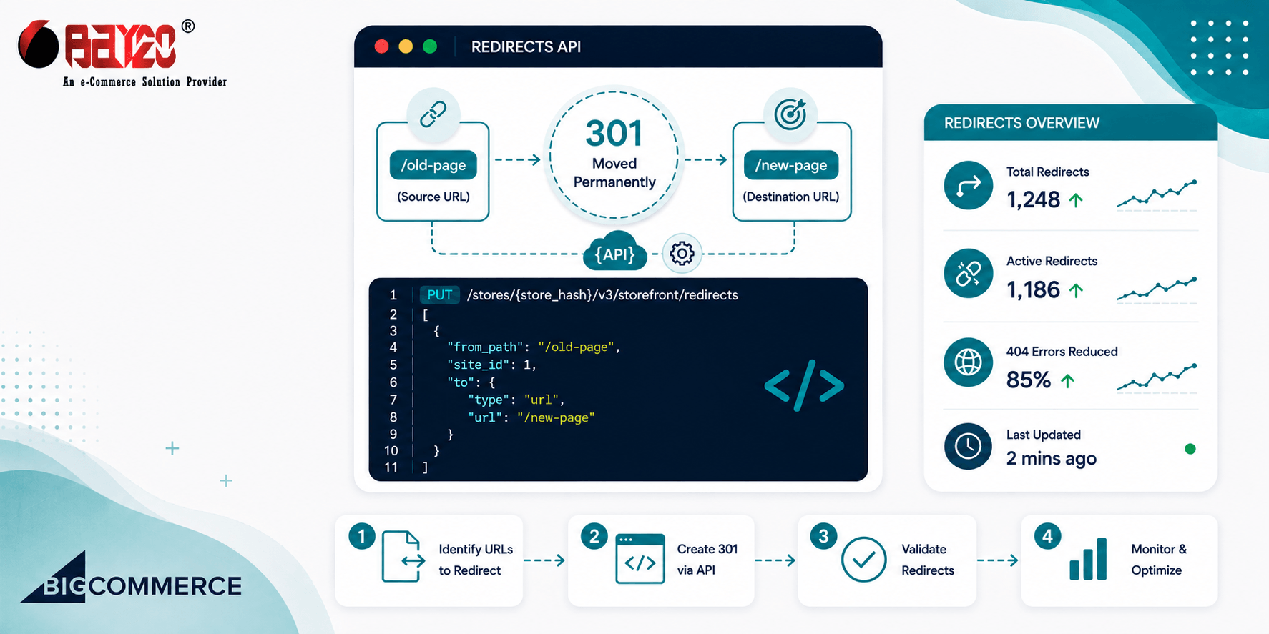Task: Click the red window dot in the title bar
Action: point(381,46)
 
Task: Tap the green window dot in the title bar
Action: point(430,46)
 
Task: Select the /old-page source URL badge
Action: point(433,165)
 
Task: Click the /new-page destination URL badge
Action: point(791,165)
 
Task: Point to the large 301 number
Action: point(614,134)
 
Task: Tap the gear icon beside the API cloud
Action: point(682,253)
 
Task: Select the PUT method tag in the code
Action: point(439,295)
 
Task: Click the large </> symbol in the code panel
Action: point(804,385)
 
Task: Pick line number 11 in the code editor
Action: point(391,467)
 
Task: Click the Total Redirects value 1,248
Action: point(1033,199)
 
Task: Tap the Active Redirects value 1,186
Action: point(1033,289)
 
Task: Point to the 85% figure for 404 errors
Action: point(1029,380)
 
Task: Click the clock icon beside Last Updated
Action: point(968,446)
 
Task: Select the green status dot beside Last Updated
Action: point(1190,449)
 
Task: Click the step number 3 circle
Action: point(823,536)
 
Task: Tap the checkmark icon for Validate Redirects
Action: point(863,560)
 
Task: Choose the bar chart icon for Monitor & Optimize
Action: point(1088,559)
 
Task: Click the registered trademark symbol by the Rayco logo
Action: point(187,26)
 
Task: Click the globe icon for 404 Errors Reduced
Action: point(968,362)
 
